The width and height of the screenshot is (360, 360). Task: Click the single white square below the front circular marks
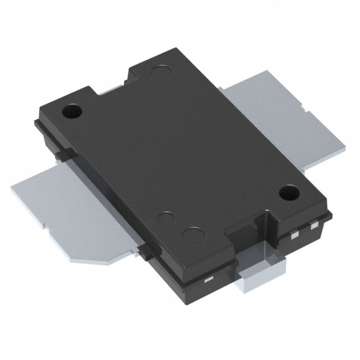click(x=208, y=278)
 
